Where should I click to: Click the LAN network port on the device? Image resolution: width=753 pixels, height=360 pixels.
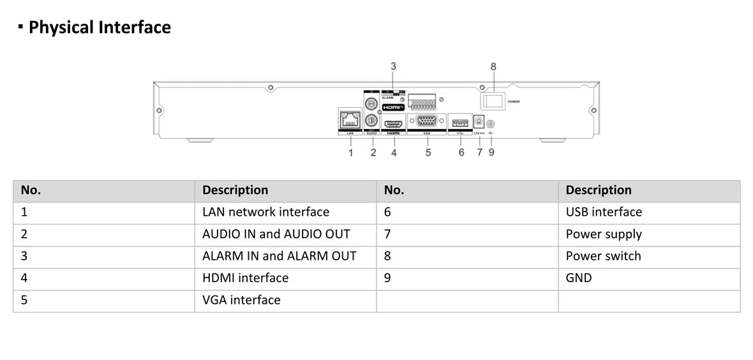pos(350,119)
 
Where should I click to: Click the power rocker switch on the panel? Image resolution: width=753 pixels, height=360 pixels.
pos(493,101)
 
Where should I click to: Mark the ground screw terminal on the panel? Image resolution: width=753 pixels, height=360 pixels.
pos(491,124)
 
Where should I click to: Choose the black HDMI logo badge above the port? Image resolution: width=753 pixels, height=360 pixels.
pos(393,107)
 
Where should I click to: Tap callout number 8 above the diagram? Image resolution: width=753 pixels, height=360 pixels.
pos(493,66)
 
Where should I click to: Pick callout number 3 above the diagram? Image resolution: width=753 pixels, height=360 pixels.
pos(393,66)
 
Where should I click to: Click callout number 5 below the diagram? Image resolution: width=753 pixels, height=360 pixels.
pos(428,153)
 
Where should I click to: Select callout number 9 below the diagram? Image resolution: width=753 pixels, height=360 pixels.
pos(491,153)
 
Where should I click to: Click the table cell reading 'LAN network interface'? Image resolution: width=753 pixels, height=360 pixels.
pos(265,212)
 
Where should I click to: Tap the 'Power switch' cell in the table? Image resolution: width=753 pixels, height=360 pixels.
pos(603,256)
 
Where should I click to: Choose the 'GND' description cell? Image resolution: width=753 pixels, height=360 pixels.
pos(578,278)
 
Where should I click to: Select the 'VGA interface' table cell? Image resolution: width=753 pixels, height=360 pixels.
pos(241,300)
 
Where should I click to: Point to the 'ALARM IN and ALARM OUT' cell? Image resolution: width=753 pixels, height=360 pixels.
pos(279,256)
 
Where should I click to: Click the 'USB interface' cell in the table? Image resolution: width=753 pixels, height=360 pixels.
pos(604,212)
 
